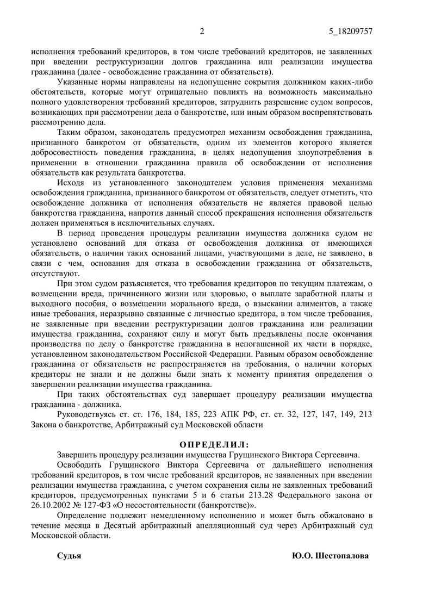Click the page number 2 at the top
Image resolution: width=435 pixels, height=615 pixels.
(202, 31)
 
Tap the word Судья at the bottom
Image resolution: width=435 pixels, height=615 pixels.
(69, 556)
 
